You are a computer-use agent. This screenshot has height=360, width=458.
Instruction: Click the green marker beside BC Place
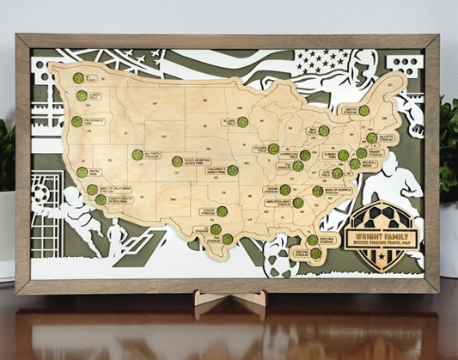point(78,77)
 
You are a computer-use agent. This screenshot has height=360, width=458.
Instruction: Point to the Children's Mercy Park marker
point(233,170)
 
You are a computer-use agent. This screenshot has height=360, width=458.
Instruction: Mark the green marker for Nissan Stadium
point(284,189)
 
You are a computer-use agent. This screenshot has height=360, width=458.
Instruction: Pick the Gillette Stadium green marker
point(372,137)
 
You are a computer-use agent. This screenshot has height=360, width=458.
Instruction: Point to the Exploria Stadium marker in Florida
point(315,253)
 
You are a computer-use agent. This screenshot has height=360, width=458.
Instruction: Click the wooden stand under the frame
point(229,302)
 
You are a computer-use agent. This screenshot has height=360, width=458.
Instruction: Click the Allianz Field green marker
point(243,121)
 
